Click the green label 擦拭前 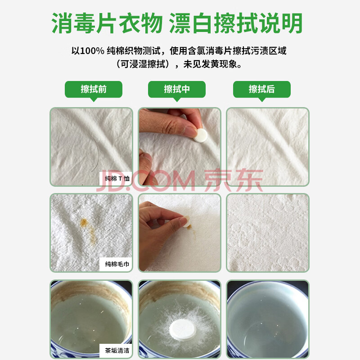94,89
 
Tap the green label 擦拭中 176,89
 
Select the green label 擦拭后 262,89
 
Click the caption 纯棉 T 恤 117,178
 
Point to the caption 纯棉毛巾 117,264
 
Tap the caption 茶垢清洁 117,351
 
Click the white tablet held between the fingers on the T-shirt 200,135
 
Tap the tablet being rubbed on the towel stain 187,221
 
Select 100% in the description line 92,51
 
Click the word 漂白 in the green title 192,23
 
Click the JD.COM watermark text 146,181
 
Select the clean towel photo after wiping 268,233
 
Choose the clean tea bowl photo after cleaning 268,319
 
